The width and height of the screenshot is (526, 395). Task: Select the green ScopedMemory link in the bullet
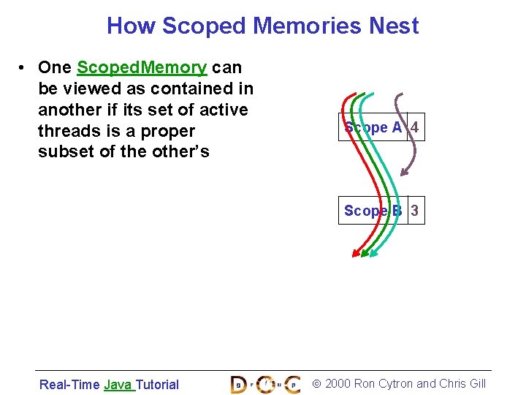142,68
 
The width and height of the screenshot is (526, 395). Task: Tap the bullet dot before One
24,68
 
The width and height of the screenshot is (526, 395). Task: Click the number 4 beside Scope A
414,127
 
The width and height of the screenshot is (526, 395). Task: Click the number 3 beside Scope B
414,211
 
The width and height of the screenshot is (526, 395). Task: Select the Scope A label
373,127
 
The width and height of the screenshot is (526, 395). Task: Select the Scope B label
373,211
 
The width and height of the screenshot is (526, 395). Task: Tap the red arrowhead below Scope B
356,253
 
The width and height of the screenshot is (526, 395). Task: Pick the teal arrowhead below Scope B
373,253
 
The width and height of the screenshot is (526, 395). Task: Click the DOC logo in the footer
265,383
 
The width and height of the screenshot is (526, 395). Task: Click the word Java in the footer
117,384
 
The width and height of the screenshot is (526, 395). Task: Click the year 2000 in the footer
337,383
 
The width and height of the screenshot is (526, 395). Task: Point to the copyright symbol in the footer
316,383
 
